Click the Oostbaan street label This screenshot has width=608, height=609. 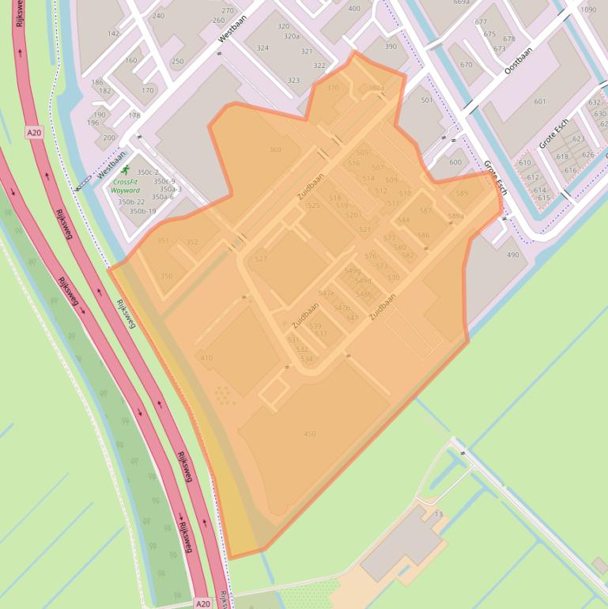(518, 60)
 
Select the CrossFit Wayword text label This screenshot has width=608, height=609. (125, 187)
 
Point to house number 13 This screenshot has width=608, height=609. (438, 515)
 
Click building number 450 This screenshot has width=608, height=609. (310, 433)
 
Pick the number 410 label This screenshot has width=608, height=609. (206, 358)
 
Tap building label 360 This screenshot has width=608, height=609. (275, 149)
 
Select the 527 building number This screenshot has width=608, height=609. (261, 259)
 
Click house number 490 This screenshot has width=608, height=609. (513, 255)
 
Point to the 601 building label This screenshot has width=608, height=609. (540, 101)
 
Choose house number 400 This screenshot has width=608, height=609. (353, 9)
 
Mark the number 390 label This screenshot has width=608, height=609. (391, 47)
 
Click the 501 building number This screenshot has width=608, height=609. (427, 100)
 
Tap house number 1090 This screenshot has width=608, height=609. (588, 9)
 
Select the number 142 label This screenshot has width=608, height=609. (114, 34)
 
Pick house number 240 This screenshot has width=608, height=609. (158, 16)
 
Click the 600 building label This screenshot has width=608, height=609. (455, 163)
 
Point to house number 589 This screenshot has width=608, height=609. (462, 193)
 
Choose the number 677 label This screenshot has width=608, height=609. (481, 22)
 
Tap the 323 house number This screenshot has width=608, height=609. (293, 81)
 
